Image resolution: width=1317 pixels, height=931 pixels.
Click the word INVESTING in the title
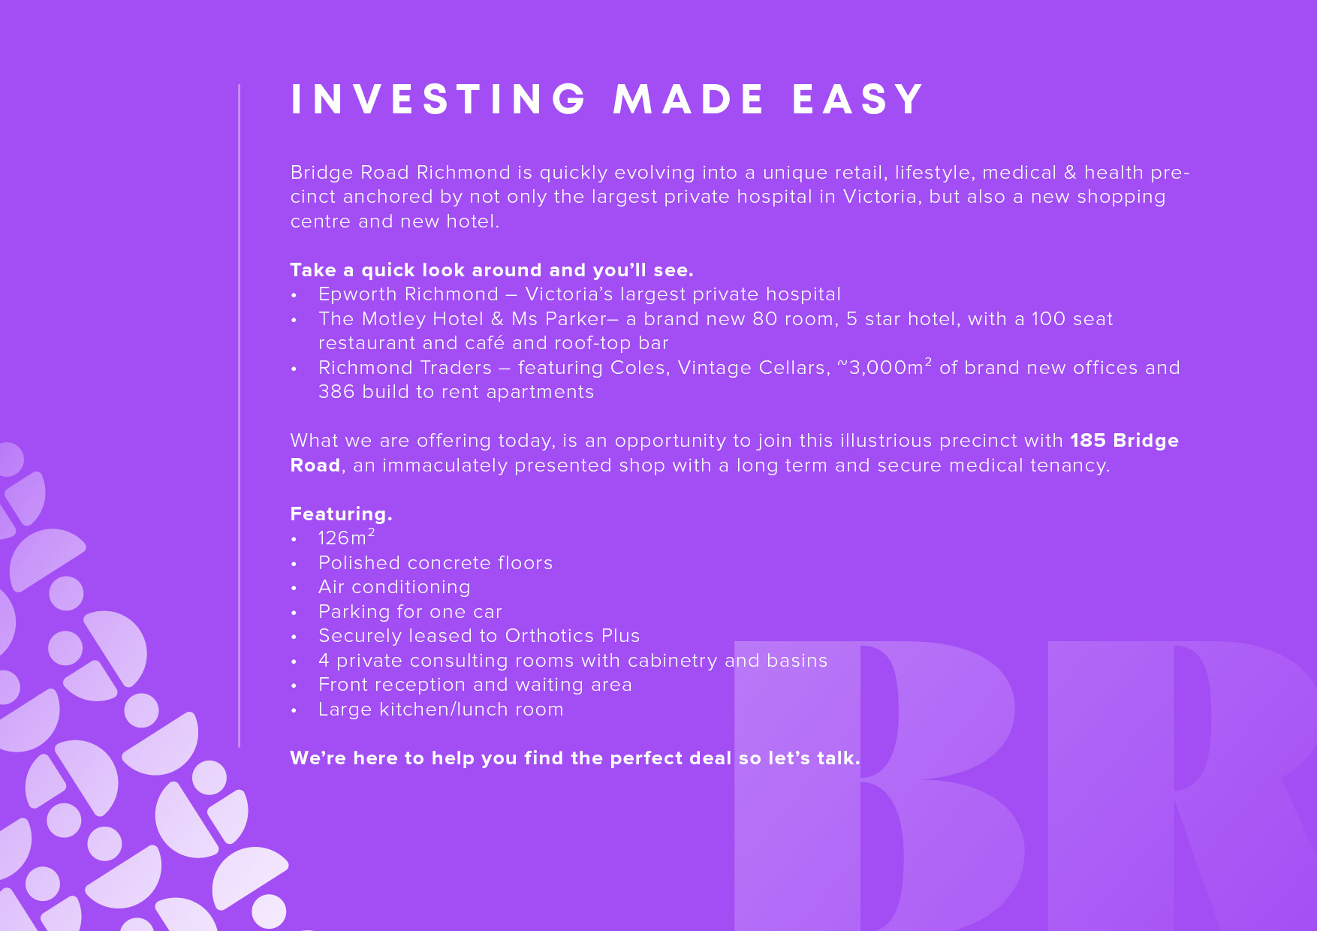coord(438,99)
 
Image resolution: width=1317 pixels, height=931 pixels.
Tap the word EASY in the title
coord(857,99)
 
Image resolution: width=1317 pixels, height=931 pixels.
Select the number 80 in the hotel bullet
coord(764,319)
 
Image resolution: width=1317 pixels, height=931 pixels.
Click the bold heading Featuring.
coord(342,514)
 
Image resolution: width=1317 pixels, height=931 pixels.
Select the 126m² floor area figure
coord(346,538)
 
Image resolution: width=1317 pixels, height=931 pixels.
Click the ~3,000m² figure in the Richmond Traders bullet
coord(885,366)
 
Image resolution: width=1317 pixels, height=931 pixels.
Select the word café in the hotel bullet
coord(485,343)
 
